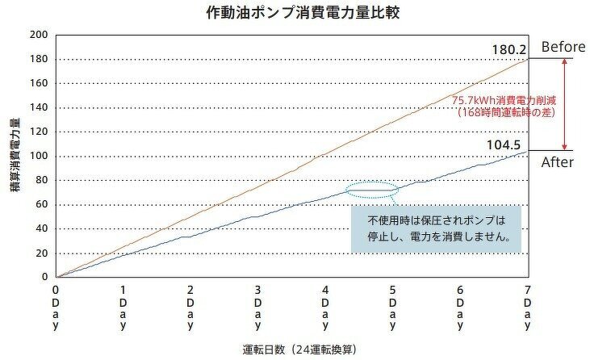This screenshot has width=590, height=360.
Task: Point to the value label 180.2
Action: [x=508, y=50]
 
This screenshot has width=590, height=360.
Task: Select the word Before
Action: [x=563, y=47]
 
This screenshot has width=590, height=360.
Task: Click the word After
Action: [x=557, y=162]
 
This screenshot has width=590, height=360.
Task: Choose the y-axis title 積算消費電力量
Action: [x=15, y=156]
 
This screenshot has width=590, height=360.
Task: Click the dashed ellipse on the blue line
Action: [x=372, y=190]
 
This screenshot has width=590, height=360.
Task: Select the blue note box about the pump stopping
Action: [x=437, y=228]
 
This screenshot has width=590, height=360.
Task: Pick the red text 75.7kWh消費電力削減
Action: [x=494, y=100]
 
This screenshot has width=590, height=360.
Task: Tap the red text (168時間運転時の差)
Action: [x=494, y=113]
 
